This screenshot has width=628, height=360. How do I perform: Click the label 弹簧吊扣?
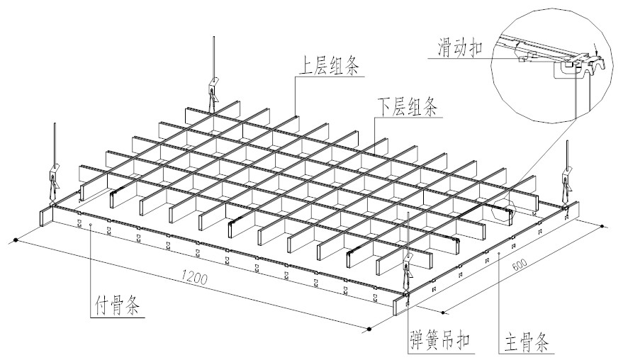[x=440, y=339]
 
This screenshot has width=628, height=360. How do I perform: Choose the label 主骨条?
[x=526, y=339]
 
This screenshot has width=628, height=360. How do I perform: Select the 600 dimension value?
[x=519, y=265]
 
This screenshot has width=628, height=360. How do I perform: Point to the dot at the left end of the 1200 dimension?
[x=16, y=242]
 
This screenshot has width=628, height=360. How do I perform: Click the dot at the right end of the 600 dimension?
[x=602, y=227]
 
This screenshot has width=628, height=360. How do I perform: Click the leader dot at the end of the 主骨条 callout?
[x=500, y=252]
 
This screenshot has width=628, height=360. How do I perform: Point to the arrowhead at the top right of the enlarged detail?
[x=597, y=51]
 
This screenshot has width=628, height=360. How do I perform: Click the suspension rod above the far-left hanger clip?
[x=54, y=142]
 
